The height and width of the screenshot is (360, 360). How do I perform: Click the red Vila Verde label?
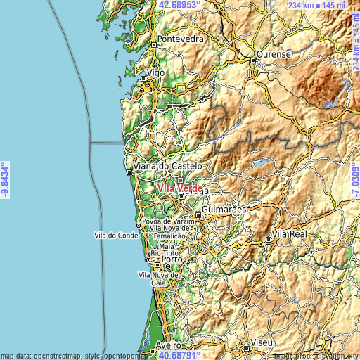[181, 189]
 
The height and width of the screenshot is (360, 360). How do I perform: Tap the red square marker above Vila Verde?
[180, 181]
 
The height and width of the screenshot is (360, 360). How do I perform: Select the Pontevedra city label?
[181, 39]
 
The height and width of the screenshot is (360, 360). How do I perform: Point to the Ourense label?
[274, 54]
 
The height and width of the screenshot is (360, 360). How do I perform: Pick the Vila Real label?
[289, 233]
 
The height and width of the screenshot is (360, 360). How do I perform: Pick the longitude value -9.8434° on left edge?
[6, 179]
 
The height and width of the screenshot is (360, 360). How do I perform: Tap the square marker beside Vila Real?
[269, 240]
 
